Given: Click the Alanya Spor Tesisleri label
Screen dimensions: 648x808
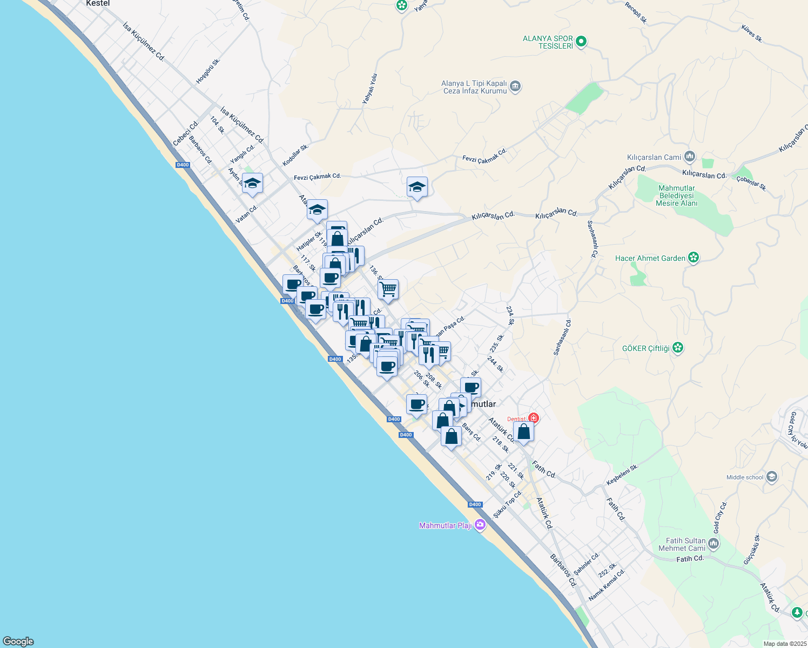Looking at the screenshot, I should click(548, 42).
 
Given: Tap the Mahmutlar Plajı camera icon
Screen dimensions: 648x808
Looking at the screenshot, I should click(480, 525).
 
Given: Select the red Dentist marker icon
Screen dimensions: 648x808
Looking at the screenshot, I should click(534, 418).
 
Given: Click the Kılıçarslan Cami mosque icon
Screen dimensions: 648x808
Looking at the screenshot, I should click(689, 157).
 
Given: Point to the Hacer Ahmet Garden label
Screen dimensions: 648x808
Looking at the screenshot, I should click(650, 258).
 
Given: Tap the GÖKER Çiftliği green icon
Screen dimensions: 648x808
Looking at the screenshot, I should click(678, 348).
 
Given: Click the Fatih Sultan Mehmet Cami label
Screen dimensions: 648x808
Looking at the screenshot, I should click(685, 544).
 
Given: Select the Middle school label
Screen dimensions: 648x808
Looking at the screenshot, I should click(745, 477).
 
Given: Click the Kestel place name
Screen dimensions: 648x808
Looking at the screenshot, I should click(98, 3).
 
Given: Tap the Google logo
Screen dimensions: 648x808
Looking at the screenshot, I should click(18, 642).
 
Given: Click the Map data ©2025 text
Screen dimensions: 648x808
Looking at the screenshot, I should click(784, 644).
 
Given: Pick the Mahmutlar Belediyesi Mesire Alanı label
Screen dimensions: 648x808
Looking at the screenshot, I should click(677, 196).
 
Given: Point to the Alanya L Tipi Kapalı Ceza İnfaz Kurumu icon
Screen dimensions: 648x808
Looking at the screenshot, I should click(515, 86).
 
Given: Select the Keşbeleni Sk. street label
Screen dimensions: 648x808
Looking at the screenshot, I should click(622, 474).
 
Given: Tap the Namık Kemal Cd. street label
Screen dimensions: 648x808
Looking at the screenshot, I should click(607, 585).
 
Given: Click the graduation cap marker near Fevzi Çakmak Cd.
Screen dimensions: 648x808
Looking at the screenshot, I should click(416, 187).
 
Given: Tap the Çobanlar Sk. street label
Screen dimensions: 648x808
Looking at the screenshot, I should click(751, 184).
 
